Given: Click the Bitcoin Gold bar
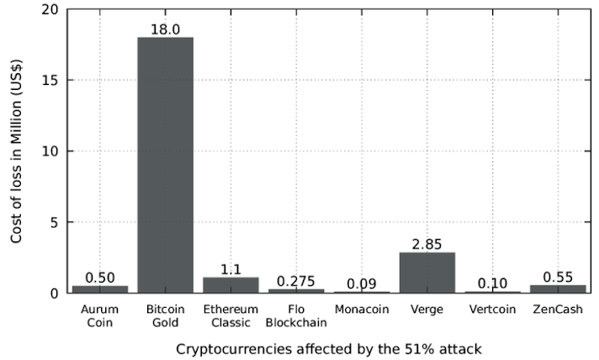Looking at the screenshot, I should (x=166, y=165).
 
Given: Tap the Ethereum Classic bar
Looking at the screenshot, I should (x=231, y=285).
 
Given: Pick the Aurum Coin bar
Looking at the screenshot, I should (x=100, y=289).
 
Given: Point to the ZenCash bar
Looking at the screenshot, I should (x=558, y=289).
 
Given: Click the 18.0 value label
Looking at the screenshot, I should (x=166, y=29).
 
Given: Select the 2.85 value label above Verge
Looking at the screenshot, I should (x=427, y=244).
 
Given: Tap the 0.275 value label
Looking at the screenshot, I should (x=296, y=281).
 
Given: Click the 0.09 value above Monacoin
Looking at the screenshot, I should (x=362, y=283).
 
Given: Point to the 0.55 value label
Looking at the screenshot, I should (x=558, y=277).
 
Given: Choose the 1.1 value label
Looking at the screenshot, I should (x=231, y=269).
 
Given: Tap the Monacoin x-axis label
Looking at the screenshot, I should (x=362, y=310).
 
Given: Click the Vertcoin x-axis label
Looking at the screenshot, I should (x=492, y=310).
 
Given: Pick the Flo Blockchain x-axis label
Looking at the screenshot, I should (x=296, y=316).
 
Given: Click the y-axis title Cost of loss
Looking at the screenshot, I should (x=17, y=151).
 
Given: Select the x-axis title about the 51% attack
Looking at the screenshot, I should (x=330, y=347).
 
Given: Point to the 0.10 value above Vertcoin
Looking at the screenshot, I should (x=492, y=283).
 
